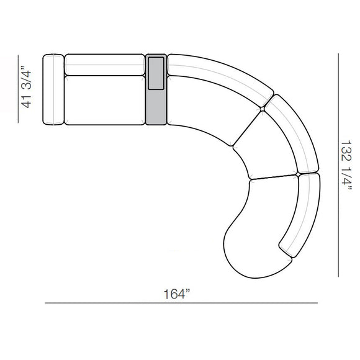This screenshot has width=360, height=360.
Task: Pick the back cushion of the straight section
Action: pos(104,64)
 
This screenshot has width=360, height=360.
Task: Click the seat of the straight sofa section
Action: pos(104,99)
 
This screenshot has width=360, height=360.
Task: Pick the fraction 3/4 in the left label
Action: pos(27,79)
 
